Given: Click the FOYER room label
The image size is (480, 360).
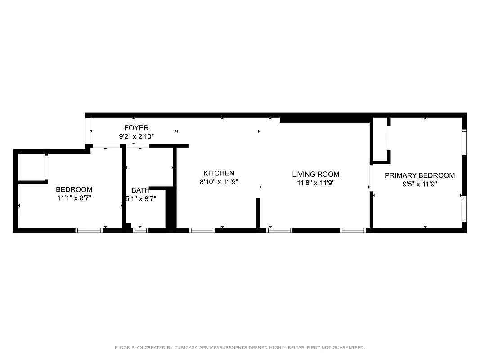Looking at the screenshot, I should point(136,128).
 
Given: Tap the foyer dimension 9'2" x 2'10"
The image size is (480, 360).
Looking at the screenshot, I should point(136,136).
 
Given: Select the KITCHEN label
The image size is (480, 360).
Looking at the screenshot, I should point(219,173).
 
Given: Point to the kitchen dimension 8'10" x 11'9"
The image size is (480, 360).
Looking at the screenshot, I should point(219,182).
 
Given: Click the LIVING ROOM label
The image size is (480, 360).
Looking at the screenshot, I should point(315,174).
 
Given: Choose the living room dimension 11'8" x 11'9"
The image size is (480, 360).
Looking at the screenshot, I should point(315,183).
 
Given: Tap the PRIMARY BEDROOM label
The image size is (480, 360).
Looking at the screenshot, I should point(419,175).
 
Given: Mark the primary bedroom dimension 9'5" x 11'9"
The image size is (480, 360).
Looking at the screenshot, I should point(419,184).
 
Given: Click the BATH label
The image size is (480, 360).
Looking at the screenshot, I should point(140,190).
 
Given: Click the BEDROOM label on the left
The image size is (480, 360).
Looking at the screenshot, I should point(74,189).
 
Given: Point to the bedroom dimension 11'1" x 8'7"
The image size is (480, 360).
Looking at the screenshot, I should point(74,198).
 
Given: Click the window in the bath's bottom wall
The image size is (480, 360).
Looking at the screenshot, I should point(140,230).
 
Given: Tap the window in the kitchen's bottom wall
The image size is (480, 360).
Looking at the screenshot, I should point(202,230).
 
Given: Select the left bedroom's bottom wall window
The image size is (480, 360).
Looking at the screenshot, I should point(89,230).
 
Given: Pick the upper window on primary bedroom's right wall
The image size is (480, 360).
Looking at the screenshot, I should point(464,142).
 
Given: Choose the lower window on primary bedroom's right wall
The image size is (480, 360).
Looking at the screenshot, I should point(464,209).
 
